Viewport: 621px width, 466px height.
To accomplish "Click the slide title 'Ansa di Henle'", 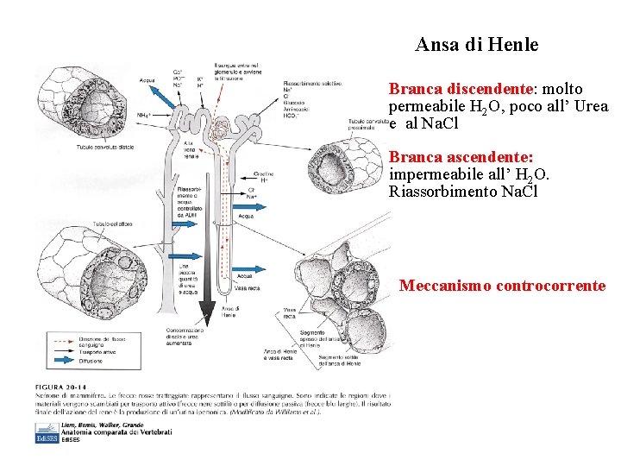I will coord(476,45).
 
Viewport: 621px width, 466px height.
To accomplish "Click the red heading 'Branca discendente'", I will coord(459,89).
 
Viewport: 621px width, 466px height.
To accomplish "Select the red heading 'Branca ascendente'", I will coord(460,158).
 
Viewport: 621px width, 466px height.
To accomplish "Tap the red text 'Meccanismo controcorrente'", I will coord(502,286).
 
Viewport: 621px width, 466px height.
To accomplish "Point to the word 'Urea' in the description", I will coord(591,106).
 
